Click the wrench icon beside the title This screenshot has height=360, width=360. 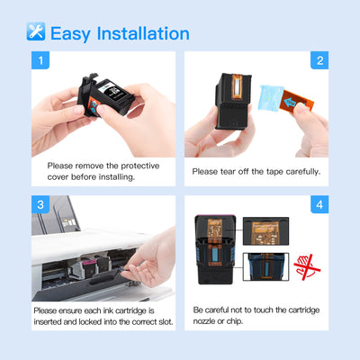[x=36, y=33]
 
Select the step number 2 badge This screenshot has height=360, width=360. [x=320, y=61]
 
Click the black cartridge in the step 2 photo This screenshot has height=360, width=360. [x=225, y=108]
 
